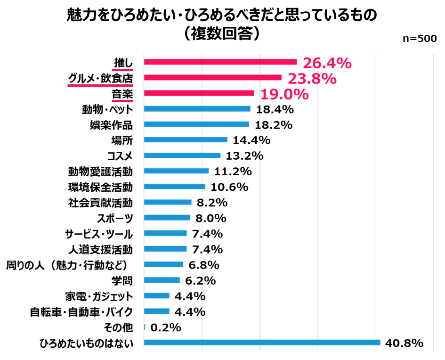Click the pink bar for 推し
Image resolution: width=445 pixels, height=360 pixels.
click(x=220, y=62)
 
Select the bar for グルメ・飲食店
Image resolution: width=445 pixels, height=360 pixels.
click(x=212, y=77)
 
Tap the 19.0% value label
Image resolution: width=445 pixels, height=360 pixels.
click(x=284, y=94)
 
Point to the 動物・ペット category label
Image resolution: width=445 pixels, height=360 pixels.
click(x=107, y=109)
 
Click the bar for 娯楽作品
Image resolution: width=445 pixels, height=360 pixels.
click(x=196, y=124)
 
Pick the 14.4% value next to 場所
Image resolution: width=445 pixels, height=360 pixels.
click(x=250, y=140)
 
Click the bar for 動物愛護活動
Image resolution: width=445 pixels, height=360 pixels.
click(x=176, y=171)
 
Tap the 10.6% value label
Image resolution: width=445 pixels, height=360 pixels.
click(x=229, y=187)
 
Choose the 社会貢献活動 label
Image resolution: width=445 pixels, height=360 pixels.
click(x=100, y=203)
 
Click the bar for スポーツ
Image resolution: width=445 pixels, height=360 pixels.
click(x=167, y=218)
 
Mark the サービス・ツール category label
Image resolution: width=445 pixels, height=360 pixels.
click(x=98, y=234)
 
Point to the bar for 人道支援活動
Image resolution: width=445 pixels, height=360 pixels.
click(x=165, y=249)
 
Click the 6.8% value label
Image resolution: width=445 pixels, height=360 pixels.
click(x=204, y=264)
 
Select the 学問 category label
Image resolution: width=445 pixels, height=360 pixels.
click(x=121, y=280)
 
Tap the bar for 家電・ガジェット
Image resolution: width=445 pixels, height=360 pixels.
click(x=156, y=296)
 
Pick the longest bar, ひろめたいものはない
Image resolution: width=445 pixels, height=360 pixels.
click(x=262, y=343)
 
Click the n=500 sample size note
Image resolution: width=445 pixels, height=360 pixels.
click(x=420, y=39)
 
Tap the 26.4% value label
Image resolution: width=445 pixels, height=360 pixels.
click(x=327, y=63)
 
